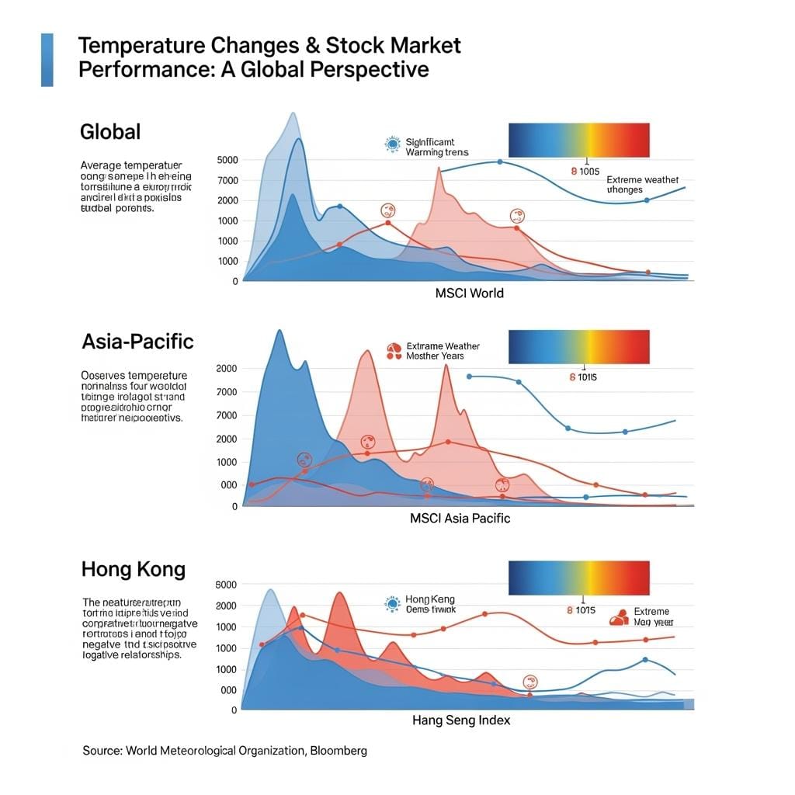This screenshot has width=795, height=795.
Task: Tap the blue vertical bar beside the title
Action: click(47, 59)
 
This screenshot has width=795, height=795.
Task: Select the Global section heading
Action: click(110, 131)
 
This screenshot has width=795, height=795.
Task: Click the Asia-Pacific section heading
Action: click(137, 342)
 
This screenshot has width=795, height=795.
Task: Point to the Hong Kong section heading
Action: click(133, 570)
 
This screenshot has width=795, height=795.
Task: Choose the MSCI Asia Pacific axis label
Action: click(460, 518)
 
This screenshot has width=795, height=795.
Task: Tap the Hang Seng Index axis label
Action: click(461, 720)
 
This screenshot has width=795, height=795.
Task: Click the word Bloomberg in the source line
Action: click(338, 751)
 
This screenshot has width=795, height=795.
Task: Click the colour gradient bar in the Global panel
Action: click(578, 141)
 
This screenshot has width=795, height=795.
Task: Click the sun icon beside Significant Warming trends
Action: click(391, 144)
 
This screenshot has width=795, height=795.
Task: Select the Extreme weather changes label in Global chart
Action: click(642, 184)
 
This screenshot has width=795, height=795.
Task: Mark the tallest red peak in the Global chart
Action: click(439, 169)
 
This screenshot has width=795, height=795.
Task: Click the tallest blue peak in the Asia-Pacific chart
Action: click(279, 332)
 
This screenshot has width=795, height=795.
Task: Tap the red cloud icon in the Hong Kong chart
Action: click(619, 618)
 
